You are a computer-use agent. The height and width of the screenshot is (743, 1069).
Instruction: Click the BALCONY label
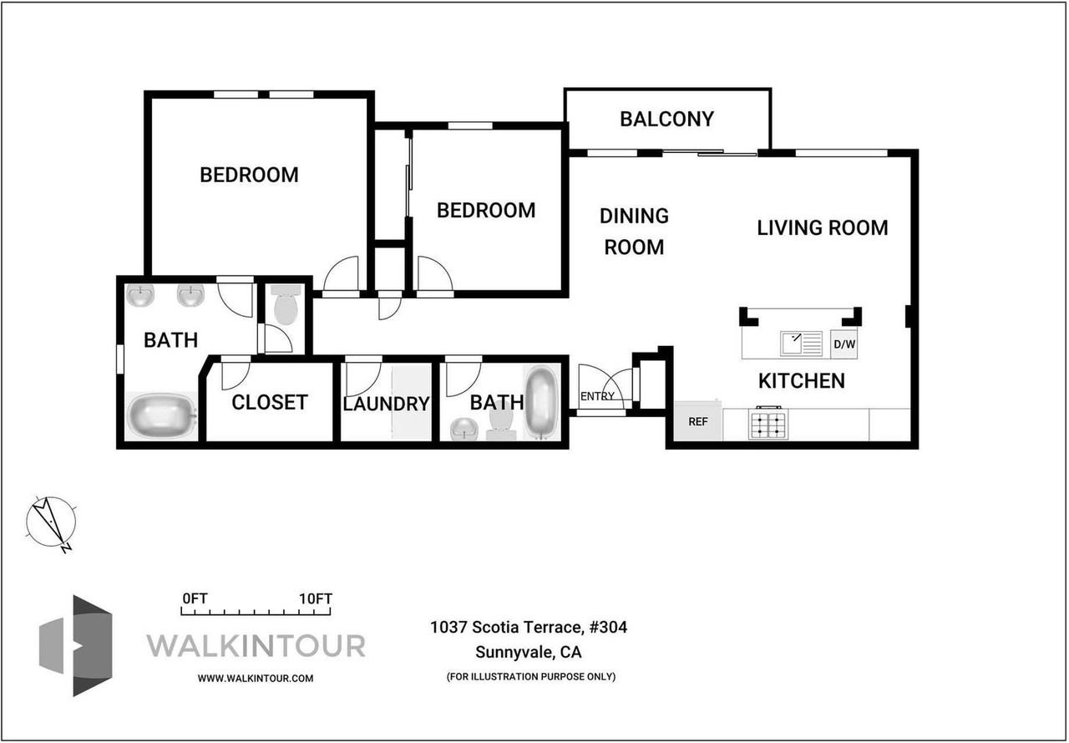[666, 119]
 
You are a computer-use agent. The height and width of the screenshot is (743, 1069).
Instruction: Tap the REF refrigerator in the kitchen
[697, 421]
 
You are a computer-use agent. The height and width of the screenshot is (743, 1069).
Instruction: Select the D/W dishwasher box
[844, 344]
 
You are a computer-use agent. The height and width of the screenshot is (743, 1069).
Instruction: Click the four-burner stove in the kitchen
[768, 424]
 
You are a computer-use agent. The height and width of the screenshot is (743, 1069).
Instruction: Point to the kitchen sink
[801, 344]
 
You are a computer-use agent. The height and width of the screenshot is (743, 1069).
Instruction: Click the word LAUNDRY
[386, 404]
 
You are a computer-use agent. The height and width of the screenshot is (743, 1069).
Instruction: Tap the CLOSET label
[270, 403]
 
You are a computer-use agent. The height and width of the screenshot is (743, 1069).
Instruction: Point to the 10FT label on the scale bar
[316, 598]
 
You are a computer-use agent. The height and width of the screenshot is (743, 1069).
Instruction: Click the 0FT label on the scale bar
[195, 598]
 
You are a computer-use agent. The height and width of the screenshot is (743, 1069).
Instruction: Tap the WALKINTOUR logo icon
[75, 645]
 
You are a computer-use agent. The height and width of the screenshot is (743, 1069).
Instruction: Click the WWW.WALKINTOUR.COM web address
[256, 679]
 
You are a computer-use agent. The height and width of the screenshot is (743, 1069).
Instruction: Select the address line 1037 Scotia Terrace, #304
[529, 627]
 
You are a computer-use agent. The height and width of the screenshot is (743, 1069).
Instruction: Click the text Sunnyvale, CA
[529, 652]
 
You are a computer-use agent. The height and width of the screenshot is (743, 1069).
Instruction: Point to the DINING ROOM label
[634, 232]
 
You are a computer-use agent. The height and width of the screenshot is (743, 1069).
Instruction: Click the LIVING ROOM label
[823, 228]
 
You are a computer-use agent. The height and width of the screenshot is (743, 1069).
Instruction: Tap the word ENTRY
[597, 396]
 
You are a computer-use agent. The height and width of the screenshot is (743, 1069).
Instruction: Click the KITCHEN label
[802, 381]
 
